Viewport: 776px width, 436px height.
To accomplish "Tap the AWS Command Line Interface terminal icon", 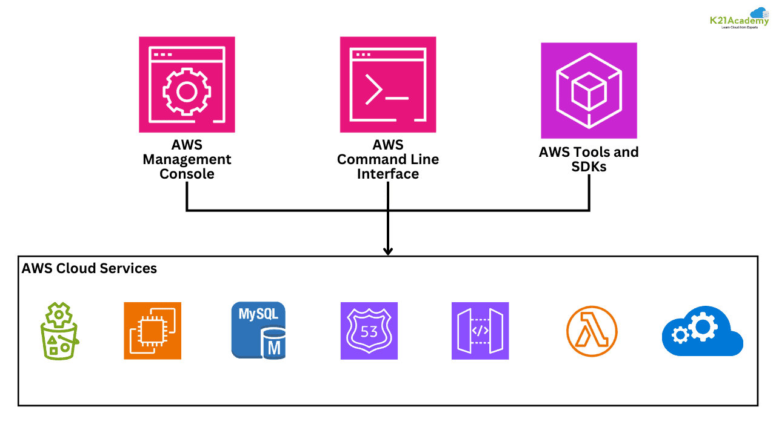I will pos(388,85).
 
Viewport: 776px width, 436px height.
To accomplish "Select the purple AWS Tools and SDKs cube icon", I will pos(589,91).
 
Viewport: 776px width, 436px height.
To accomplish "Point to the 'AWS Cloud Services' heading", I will pos(89,268).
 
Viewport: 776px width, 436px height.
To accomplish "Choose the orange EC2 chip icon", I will pos(152,331).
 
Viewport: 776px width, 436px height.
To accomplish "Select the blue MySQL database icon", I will pos(258,331).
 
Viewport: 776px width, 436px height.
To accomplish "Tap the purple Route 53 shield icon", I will pos(369,331).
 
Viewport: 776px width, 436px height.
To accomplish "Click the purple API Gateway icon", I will pos(480,331).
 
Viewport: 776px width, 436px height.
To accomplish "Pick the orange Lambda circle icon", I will pos(592,331).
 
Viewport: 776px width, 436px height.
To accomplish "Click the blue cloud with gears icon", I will pos(702,331).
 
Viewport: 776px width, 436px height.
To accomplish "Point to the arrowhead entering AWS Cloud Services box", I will pos(388,251).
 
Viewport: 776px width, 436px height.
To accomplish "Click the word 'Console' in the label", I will pos(187,174).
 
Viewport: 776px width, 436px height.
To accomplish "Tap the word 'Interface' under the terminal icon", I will pos(388,174).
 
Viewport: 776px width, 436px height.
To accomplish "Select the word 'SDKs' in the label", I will pos(589,167).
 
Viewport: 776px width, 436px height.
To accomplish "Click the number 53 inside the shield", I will pos(369,332).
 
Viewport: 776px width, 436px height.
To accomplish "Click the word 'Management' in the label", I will pos(187,160).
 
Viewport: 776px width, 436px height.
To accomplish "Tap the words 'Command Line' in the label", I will pos(388,160).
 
